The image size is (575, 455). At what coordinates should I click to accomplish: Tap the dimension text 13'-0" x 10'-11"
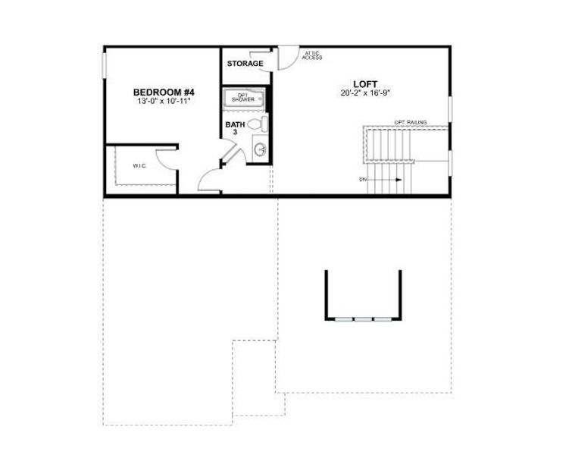pyautogui.click(x=163, y=101)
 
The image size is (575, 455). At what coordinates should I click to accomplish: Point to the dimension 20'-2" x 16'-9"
pyautogui.click(x=365, y=93)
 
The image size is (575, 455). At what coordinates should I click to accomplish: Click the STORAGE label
pyautogui.click(x=245, y=64)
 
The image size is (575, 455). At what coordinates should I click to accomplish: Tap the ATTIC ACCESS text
pyautogui.click(x=311, y=55)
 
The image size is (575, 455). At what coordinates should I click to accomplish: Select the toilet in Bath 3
pyautogui.click(x=256, y=124)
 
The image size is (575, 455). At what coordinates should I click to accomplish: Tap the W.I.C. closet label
pyautogui.click(x=139, y=165)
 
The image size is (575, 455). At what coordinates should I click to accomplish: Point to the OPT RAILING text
pyautogui.click(x=410, y=122)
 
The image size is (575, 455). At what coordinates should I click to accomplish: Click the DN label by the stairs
pyautogui.click(x=363, y=180)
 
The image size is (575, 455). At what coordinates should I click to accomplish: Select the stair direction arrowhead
pyautogui.click(x=398, y=180)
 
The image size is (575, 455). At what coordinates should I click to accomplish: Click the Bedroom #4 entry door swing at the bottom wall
pyautogui.click(x=208, y=180)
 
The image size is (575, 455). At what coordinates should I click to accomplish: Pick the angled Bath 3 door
pyautogui.click(x=231, y=152)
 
